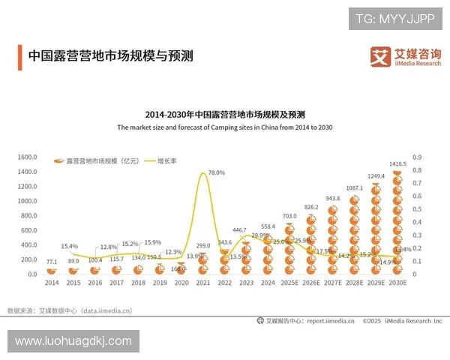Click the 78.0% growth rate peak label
216,172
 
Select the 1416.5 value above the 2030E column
397,163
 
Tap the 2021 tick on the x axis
202,283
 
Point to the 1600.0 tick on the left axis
27,157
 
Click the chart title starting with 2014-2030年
225,115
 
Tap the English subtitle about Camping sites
225,127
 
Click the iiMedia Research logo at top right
406,57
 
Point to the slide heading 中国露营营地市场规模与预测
110,56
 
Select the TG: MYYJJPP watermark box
394,19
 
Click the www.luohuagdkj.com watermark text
73,341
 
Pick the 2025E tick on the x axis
289,283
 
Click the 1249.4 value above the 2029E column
376,176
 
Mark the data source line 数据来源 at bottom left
70,310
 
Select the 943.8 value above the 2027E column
332,199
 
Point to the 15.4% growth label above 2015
70,246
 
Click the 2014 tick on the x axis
52,283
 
